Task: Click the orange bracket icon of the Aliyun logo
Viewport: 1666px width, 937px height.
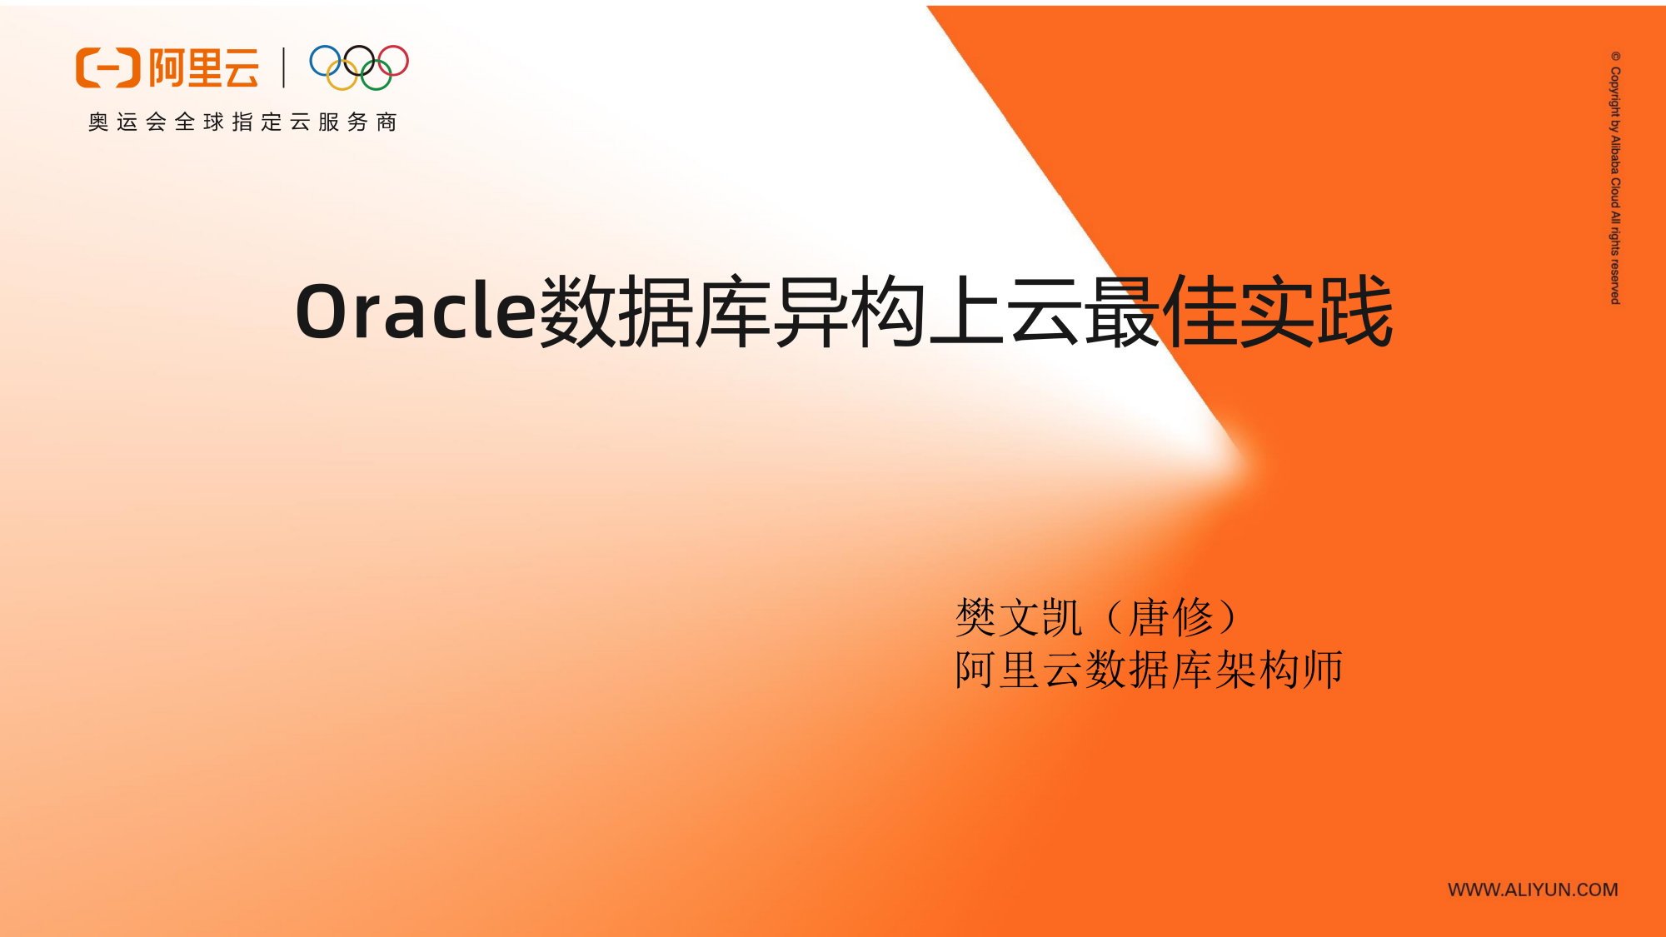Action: click(x=107, y=67)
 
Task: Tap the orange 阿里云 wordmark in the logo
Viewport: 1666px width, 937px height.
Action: click(x=204, y=67)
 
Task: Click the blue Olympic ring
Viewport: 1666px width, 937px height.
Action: click(x=326, y=61)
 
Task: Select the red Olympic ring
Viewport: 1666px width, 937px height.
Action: click(x=392, y=61)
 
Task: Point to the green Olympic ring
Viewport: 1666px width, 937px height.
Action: click(x=376, y=75)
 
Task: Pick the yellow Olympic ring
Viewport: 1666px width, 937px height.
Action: click(x=342, y=75)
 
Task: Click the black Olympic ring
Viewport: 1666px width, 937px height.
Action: click(x=359, y=61)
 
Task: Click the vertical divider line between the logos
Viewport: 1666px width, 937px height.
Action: click(x=284, y=67)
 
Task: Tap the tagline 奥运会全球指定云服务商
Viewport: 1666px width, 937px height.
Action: click(x=242, y=122)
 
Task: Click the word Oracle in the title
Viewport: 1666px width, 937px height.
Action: click(x=416, y=312)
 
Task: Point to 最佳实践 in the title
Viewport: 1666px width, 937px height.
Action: click(x=1239, y=312)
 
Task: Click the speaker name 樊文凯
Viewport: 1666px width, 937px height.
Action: click(x=1019, y=617)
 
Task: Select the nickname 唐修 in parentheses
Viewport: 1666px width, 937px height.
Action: click(x=1171, y=617)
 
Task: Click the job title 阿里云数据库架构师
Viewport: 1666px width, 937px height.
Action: click(x=1150, y=670)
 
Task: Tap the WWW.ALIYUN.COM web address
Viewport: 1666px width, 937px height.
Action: click(x=1533, y=890)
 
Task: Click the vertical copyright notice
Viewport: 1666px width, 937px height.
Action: click(x=1615, y=177)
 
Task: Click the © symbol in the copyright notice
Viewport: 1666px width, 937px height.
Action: click(x=1615, y=57)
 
